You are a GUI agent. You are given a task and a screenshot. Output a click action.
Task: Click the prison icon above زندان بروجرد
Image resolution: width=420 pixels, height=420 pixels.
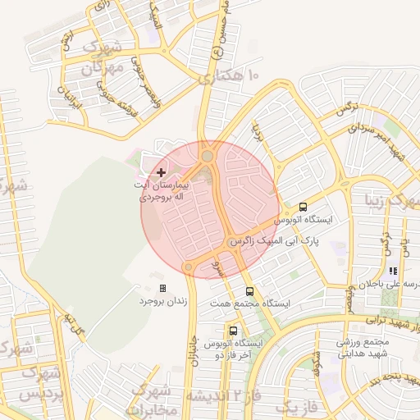click(x=162, y=288)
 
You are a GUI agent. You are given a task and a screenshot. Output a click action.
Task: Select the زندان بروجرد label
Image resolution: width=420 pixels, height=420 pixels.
click(x=162, y=302)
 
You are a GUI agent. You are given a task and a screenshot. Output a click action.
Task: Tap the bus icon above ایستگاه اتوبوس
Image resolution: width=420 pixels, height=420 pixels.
click(x=303, y=207)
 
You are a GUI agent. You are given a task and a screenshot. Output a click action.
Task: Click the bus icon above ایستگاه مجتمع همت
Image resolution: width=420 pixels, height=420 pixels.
click(x=249, y=290)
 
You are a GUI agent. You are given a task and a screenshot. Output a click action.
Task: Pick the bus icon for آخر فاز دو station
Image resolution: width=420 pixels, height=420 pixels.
click(x=235, y=331)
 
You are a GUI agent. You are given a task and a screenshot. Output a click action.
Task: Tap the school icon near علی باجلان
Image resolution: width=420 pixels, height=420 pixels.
click(x=393, y=270)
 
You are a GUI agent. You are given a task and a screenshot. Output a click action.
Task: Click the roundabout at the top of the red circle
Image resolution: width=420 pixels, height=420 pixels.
click(x=208, y=155)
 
